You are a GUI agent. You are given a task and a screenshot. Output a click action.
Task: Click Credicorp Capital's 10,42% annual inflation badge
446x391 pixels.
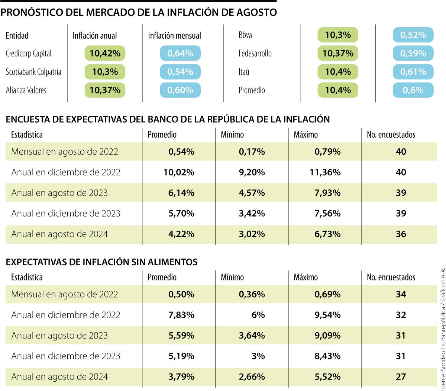pyautogui.click(x=105, y=54)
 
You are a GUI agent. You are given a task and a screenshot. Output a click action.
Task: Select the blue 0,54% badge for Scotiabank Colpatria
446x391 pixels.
pyautogui.click(x=180, y=72)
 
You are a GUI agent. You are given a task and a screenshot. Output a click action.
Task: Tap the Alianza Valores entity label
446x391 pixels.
pyautogui.click(x=26, y=90)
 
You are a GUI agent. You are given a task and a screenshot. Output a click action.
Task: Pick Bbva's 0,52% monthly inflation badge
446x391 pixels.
pyautogui.click(x=413, y=35)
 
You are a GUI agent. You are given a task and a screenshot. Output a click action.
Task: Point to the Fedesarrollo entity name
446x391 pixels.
pyautogui.click(x=255, y=54)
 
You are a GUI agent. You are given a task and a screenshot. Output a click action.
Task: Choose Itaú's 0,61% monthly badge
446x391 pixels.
pyautogui.click(x=413, y=72)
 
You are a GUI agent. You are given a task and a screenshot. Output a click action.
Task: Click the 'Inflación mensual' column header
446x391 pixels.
pyautogui.click(x=174, y=36)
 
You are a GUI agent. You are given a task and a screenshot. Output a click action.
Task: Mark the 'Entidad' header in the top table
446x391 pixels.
pyautogui.click(x=17, y=36)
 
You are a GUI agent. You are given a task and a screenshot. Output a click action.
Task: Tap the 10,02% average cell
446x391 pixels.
pyautogui.click(x=179, y=172)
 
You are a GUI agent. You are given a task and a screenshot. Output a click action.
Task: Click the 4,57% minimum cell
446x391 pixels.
pyautogui.click(x=252, y=193)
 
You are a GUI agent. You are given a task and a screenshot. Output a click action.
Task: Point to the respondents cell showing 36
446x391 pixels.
pyautogui.click(x=401, y=234)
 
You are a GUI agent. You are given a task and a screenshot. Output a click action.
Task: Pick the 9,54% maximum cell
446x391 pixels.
pyautogui.click(x=327, y=315)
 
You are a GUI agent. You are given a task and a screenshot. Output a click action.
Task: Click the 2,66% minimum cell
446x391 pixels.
pyautogui.click(x=252, y=376)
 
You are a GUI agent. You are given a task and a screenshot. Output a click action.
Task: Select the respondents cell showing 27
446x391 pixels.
pyautogui.click(x=401, y=376)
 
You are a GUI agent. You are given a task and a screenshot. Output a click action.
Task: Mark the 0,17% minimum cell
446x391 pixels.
pyautogui.click(x=252, y=152)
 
